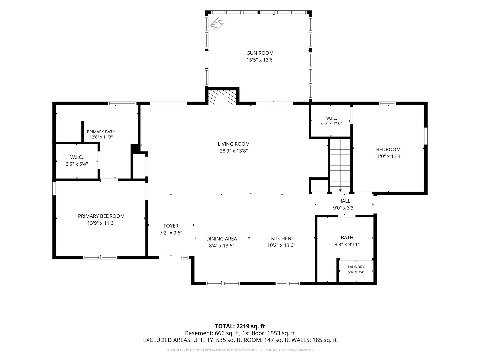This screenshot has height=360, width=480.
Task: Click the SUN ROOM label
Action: click(x=260, y=53)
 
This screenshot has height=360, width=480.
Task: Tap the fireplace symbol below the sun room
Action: click(x=222, y=98)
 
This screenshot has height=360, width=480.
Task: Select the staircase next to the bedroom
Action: click(x=340, y=166)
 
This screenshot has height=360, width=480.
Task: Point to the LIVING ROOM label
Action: click(x=234, y=144)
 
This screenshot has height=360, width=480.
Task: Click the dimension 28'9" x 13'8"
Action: click(x=234, y=151)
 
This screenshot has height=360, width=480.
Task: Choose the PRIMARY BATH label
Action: click(x=101, y=132)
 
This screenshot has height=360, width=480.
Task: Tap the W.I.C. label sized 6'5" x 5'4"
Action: click(x=77, y=157)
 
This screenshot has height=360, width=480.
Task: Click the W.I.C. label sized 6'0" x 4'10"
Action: click(x=332, y=118)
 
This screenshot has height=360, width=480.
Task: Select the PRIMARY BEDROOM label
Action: click(x=101, y=216)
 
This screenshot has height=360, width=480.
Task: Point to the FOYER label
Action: click(x=171, y=226)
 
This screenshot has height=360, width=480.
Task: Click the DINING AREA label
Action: click(x=222, y=239)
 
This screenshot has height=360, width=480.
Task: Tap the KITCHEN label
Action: click(x=281, y=238)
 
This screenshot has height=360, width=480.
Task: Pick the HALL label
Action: click(x=344, y=201)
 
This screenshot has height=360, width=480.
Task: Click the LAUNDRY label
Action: click(x=356, y=267)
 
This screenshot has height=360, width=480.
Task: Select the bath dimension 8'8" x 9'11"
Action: click(x=347, y=244)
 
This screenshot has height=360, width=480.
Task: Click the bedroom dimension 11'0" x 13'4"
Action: click(x=388, y=156)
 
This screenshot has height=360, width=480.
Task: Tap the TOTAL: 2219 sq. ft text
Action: click(x=240, y=326)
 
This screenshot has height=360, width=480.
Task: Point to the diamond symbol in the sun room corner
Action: click(x=217, y=24)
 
